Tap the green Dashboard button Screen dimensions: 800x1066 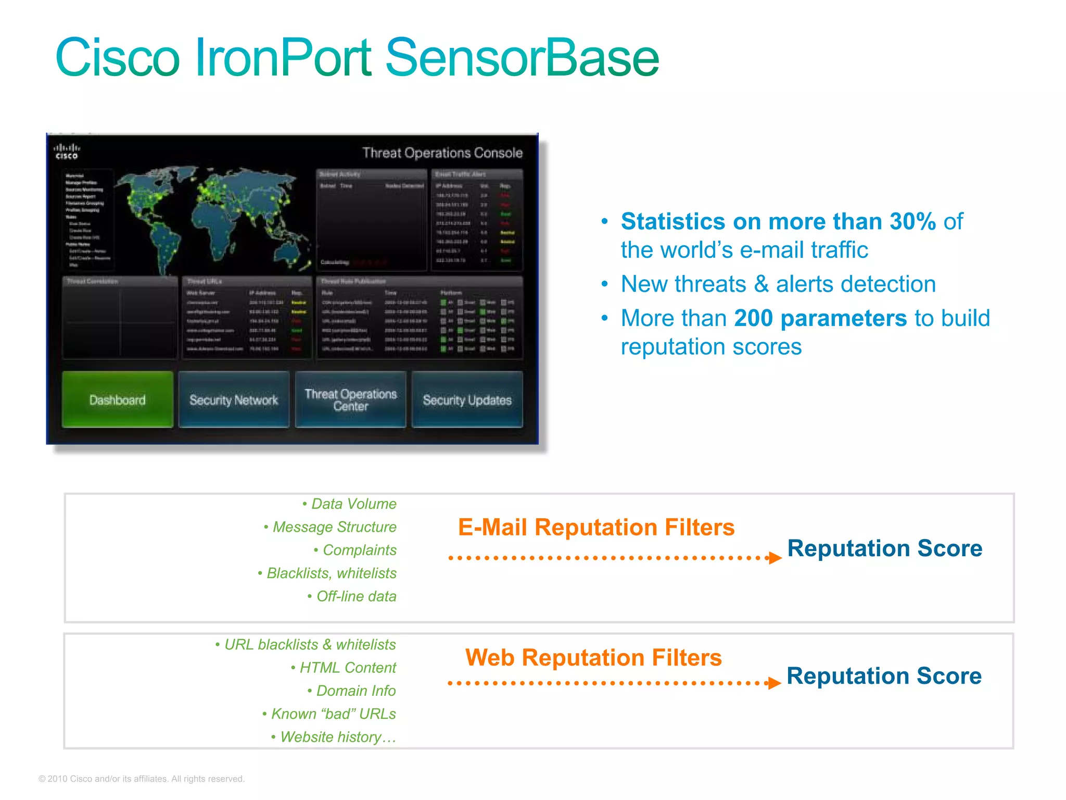pyautogui.click(x=118, y=400)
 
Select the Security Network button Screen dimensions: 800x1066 pyautogui.click(x=234, y=400)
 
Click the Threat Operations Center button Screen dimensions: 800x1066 pyautogui.click(x=351, y=400)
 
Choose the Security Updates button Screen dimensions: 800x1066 pyautogui.click(x=467, y=400)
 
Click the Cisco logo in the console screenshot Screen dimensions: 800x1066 pyautogui.click(x=67, y=152)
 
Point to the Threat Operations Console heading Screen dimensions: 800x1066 pyautogui.click(x=442, y=153)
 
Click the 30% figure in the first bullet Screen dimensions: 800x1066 pyautogui.click(x=912, y=222)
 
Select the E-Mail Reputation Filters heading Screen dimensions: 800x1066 pyautogui.click(x=596, y=527)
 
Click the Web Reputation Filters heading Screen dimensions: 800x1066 pyautogui.click(x=593, y=657)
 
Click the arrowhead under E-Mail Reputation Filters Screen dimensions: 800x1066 pyautogui.click(x=775, y=558)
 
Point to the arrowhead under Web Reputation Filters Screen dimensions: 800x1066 pyautogui.click(x=775, y=683)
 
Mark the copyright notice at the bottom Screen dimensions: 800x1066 pyautogui.click(x=142, y=779)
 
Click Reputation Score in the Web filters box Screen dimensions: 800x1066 pyautogui.click(x=884, y=676)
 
